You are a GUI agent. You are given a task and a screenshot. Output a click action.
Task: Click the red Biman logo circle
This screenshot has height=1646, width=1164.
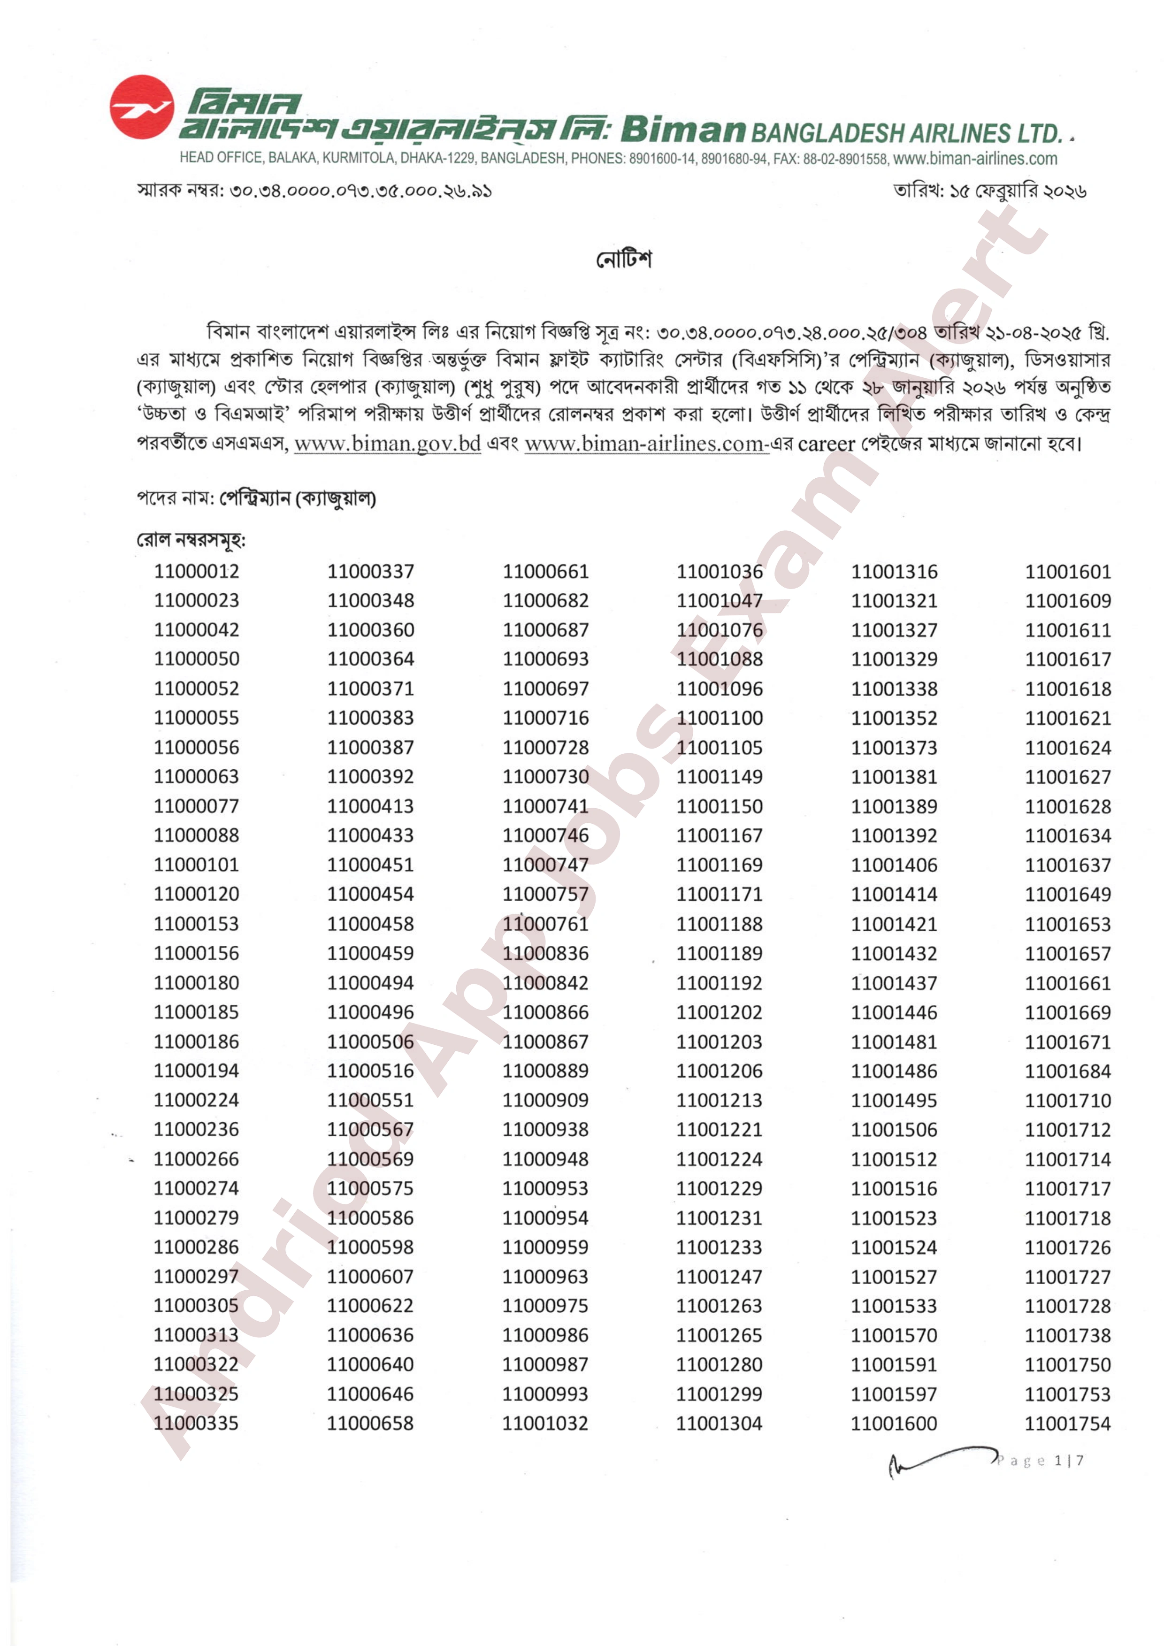142,107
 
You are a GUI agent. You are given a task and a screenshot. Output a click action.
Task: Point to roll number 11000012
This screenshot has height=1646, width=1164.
196,572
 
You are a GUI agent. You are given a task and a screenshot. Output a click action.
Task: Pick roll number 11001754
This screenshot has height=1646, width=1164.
1067,1424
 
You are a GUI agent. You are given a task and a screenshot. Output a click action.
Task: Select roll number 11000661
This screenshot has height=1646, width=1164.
545,572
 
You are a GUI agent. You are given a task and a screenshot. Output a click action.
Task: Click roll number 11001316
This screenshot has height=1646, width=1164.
894,572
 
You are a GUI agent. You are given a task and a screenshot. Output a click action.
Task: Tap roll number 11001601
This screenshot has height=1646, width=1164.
1067,572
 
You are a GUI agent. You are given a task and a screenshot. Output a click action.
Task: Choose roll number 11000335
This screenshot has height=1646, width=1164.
196,1424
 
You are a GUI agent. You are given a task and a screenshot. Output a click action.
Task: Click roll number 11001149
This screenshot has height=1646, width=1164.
720,777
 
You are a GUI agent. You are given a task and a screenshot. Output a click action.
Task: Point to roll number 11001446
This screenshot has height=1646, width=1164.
894,1012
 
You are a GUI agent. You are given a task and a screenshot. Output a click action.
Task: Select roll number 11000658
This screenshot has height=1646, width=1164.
371,1424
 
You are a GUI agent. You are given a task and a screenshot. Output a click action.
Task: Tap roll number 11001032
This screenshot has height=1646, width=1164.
545,1424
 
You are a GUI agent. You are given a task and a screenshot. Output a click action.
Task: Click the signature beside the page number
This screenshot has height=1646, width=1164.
939,1460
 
